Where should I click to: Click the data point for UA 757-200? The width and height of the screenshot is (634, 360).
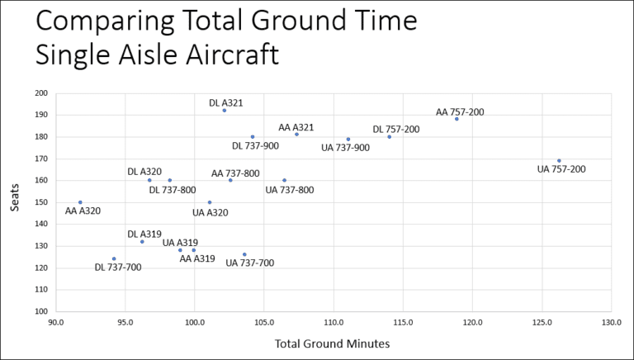[559, 161]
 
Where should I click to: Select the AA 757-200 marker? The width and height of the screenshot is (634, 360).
[457, 119]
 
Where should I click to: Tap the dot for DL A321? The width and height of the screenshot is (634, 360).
[225, 111]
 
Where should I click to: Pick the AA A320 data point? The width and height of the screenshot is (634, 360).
[80, 202]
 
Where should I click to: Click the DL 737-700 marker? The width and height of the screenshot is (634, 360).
[114, 258]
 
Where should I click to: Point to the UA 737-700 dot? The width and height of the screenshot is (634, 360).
[244, 254]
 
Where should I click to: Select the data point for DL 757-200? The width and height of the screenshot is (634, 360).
[390, 137]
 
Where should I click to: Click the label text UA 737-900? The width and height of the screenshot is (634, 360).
[347, 148]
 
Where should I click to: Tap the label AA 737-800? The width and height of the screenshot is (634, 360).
[235, 173]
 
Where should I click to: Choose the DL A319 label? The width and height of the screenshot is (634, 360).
[144, 234]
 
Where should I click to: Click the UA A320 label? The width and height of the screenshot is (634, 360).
[210, 212]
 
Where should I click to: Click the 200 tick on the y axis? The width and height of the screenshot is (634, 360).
[40, 93]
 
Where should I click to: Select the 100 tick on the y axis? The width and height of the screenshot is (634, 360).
[40, 312]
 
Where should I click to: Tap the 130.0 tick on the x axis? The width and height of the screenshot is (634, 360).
[611, 323]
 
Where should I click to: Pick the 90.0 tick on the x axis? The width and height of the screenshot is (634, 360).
[55, 323]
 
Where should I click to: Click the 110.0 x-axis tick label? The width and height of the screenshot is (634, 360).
[334, 323]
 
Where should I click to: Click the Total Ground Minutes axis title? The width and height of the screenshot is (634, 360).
[333, 343]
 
